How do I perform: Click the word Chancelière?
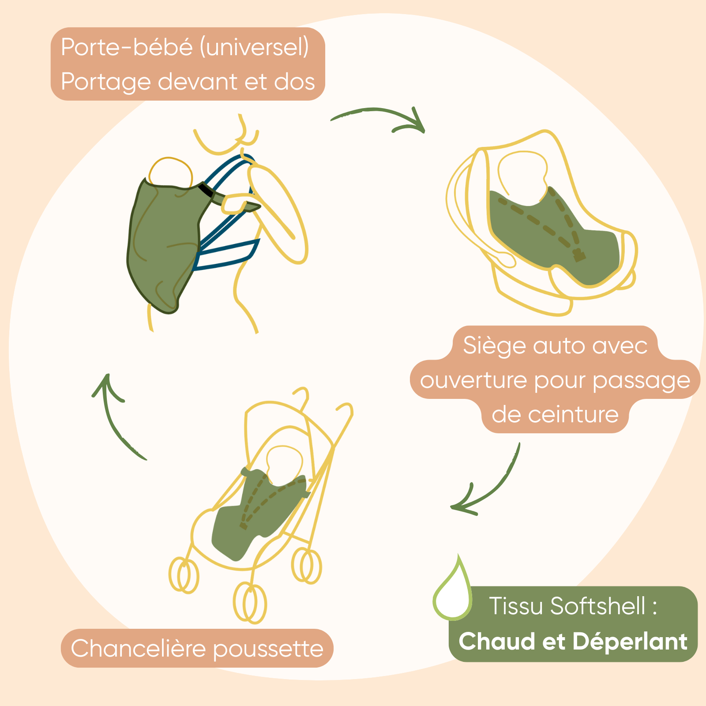[138, 649]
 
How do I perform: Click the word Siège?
[494, 345]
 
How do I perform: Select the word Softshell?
[598, 606]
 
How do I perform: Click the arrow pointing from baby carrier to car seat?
[379, 117]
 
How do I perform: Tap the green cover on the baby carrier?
[163, 243]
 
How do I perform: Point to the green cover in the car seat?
[552, 234]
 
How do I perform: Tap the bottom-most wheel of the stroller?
[250, 602]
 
